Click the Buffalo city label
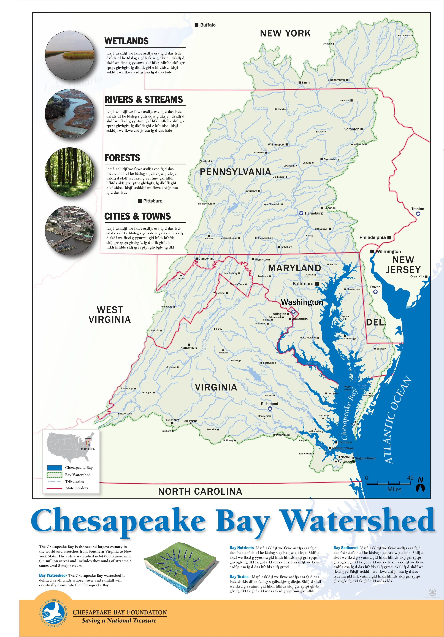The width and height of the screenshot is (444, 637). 208,25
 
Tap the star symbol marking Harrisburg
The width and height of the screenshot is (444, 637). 301,213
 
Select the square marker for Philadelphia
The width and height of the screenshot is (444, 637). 389,237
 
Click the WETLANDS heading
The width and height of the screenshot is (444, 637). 126,41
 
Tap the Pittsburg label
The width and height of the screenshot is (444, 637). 153,201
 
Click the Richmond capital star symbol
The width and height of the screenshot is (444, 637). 270,408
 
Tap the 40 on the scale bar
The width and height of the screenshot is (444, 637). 410,478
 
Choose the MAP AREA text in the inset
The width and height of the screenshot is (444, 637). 88,449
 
